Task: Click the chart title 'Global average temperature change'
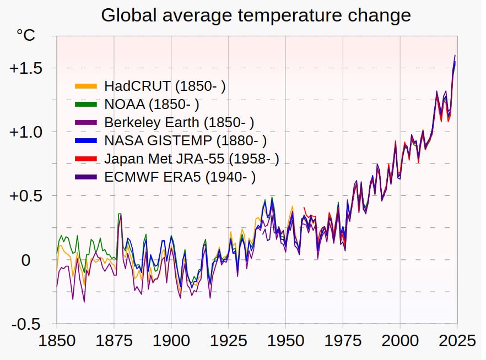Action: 256,15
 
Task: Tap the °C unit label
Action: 25,36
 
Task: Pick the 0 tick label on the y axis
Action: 26,260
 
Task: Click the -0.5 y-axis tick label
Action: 25,324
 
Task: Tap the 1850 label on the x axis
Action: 57,340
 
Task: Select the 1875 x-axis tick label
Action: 114,340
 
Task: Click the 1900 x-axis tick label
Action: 171,340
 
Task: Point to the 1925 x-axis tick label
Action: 228,340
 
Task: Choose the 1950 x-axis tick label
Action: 285,340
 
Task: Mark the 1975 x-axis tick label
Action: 343,340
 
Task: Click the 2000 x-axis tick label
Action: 400,340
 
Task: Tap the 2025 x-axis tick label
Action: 456,340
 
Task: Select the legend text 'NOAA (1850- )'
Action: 152,104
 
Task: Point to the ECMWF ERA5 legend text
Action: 180,177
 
